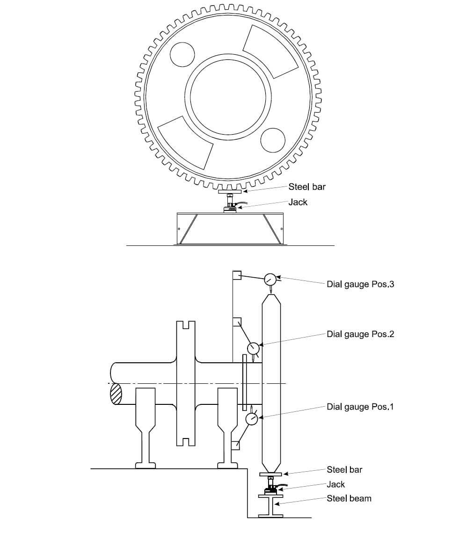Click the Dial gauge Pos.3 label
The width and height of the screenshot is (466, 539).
(x=360, y=284)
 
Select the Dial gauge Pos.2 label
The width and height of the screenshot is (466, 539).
(x=360, y=334)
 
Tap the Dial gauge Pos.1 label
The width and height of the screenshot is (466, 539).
(x=360, y=407)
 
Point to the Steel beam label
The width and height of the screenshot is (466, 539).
(x=349, y=498)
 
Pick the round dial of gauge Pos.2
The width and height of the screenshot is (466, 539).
(x=254, y=348)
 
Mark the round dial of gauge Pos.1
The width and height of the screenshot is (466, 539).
(x=252, y=419)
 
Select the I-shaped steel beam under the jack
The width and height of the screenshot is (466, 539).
(x=270, y=506)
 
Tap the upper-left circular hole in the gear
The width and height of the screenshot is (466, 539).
(x=182, y=54)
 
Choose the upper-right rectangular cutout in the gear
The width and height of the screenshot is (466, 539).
(x=270, y=51)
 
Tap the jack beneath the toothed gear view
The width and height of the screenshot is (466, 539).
(x=230, y=204)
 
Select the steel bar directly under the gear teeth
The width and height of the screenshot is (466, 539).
(x=230, y=191)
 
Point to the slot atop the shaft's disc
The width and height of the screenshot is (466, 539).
(x=186, y=325)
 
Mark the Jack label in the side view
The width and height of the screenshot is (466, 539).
(x=335, y=484)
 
